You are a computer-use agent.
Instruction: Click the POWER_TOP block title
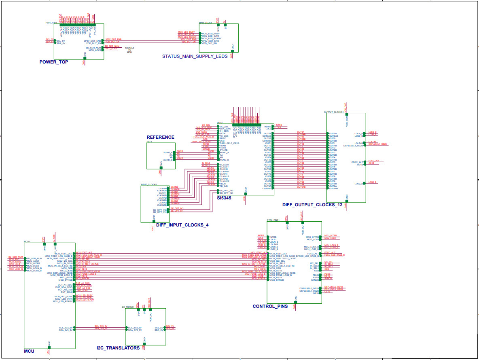click(54, 62)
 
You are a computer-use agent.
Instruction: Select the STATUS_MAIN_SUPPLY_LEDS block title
click(195, 57)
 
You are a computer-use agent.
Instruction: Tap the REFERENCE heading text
click(160, 138)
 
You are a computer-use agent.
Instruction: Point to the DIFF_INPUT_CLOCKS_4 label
click(182, 224)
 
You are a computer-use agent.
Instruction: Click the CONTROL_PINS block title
click(270, 307)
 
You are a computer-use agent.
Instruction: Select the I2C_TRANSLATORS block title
click(118, 348)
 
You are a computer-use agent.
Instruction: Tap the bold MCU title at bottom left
click(29, 352)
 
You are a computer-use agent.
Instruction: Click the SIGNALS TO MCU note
click(129, 50)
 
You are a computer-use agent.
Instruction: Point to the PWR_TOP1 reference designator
click(51, 23)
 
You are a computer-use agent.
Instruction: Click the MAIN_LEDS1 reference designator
click(206, 23)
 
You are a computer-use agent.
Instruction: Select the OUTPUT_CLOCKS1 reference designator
click(334, 112)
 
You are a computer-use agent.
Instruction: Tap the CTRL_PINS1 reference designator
click(273, 220)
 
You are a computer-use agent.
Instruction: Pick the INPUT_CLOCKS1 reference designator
click(148, 184)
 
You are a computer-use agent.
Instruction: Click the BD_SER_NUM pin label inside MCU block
click(34, 258)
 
